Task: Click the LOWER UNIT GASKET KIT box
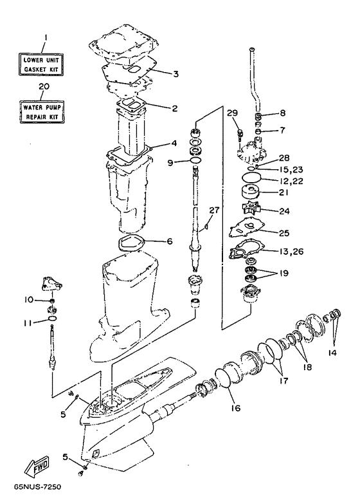(41, 64)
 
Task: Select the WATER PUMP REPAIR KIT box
(41, 111)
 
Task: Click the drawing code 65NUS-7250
(37, 487)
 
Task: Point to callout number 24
(284, 211)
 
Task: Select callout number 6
(170, 241)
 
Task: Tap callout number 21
(284, 192)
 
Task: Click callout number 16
(236, 408)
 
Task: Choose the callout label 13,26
(291, 252)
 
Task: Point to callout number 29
(233, 113)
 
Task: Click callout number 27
(215, 210)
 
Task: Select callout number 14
(332, 353)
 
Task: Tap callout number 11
(28, 323)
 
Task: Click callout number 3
(175, 75)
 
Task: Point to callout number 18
(307, 367)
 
